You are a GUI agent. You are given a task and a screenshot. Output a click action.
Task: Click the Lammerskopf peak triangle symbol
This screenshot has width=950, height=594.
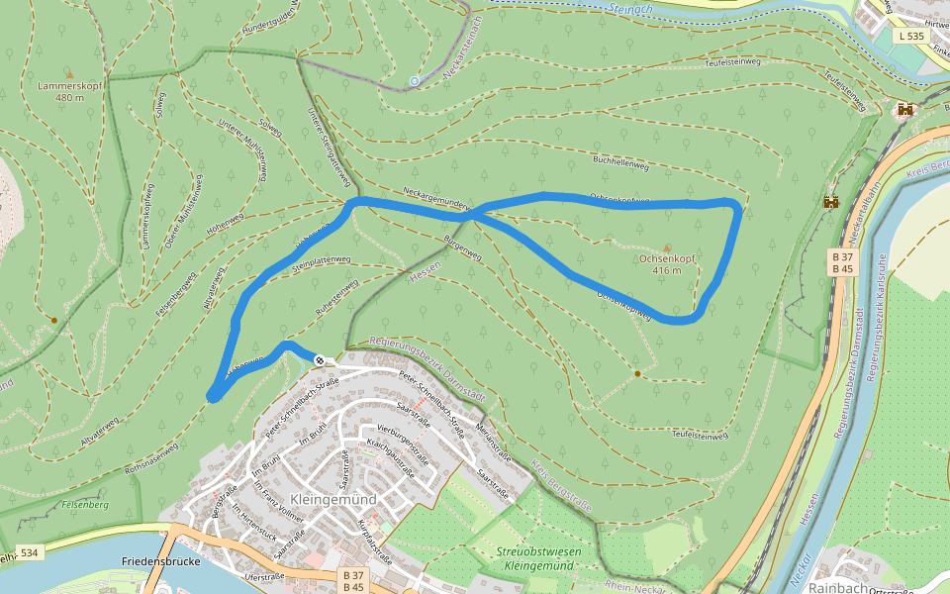[x=68, y=73]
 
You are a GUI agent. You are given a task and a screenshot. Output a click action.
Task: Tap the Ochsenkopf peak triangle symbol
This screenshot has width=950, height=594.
[x=666, y=248]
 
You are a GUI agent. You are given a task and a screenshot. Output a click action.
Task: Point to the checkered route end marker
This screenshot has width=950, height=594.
[x=319, y=360]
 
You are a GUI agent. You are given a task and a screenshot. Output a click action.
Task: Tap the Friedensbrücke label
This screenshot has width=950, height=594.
[x=161, y=561]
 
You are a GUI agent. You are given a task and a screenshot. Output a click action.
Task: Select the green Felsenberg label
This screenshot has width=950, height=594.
[x=85, y=505]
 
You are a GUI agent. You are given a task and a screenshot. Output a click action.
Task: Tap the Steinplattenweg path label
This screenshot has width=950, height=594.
[x=323, y=263]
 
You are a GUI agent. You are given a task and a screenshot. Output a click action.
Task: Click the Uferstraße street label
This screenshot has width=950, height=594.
[x=263, y=576]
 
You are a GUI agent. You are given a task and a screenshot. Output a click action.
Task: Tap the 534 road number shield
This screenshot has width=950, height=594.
[x=29, y=552]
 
